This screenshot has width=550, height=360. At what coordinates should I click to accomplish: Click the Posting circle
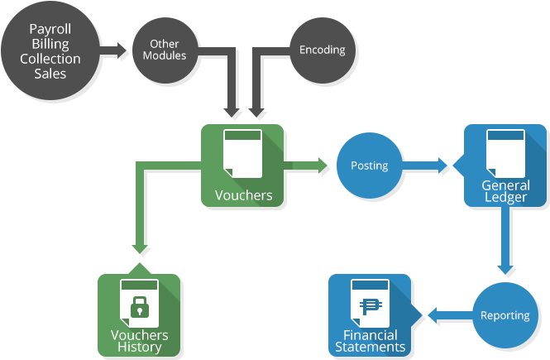(370, 166)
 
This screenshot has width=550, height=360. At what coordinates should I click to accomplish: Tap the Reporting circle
(505, 315)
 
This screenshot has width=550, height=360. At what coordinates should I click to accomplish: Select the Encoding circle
(323, 50)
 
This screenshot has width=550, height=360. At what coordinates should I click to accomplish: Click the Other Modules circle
(165, 50)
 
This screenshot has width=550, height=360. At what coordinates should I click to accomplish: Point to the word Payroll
(50, 29)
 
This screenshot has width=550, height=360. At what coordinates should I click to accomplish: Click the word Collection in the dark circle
(50, 59)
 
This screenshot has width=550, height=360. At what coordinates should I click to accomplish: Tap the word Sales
(50, 74)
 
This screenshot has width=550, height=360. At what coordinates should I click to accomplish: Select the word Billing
(50, 44)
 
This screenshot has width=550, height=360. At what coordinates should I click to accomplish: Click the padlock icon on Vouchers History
(140, 306)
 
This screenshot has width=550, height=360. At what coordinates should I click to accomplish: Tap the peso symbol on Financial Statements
(371, 306)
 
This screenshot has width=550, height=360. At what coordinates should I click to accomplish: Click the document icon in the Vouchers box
(242, 154)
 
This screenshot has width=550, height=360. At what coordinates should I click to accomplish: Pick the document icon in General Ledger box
(505, 154)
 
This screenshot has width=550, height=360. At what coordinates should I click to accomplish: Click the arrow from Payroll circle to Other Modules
(113, 50)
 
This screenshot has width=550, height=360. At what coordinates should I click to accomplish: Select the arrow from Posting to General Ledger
(424, 166)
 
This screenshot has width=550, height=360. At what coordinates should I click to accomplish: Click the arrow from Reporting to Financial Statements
(451, 315)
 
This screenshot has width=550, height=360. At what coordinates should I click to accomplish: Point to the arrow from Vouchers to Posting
(305, 166)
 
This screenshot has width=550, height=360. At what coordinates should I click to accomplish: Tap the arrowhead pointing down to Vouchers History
(140, 248)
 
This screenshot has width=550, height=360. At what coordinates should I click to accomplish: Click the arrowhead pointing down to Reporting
(505, 269)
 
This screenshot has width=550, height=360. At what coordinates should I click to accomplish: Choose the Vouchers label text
(243, 195)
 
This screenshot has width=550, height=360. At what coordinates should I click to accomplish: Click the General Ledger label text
(505, 191)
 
